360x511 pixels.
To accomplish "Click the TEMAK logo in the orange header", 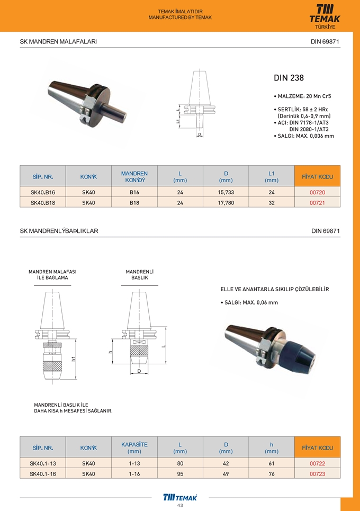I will pos(325,15).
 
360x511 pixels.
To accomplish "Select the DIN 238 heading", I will pos(289,78).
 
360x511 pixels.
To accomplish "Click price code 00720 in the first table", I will pos(317,192).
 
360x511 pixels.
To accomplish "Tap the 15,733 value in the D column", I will pos(226,192).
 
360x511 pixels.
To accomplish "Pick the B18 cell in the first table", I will pos(134,202).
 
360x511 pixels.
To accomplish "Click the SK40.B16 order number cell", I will pos(43,192).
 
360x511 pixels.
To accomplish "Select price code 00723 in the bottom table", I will pos(317,474).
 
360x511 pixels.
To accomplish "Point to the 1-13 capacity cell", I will pos(134,464).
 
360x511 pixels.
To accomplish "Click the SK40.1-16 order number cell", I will pos(43,474).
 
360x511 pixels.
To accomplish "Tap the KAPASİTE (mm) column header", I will pos(134,447).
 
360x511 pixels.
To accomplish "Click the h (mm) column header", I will pos(271,447).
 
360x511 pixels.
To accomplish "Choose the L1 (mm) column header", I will pos(271,176).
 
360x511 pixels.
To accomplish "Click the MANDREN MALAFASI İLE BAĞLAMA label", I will pos(52,274).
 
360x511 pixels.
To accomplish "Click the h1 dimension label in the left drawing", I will pos(74,358).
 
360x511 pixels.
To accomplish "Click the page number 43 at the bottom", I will pos(180,506).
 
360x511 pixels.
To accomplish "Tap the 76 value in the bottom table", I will pos(271,474).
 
